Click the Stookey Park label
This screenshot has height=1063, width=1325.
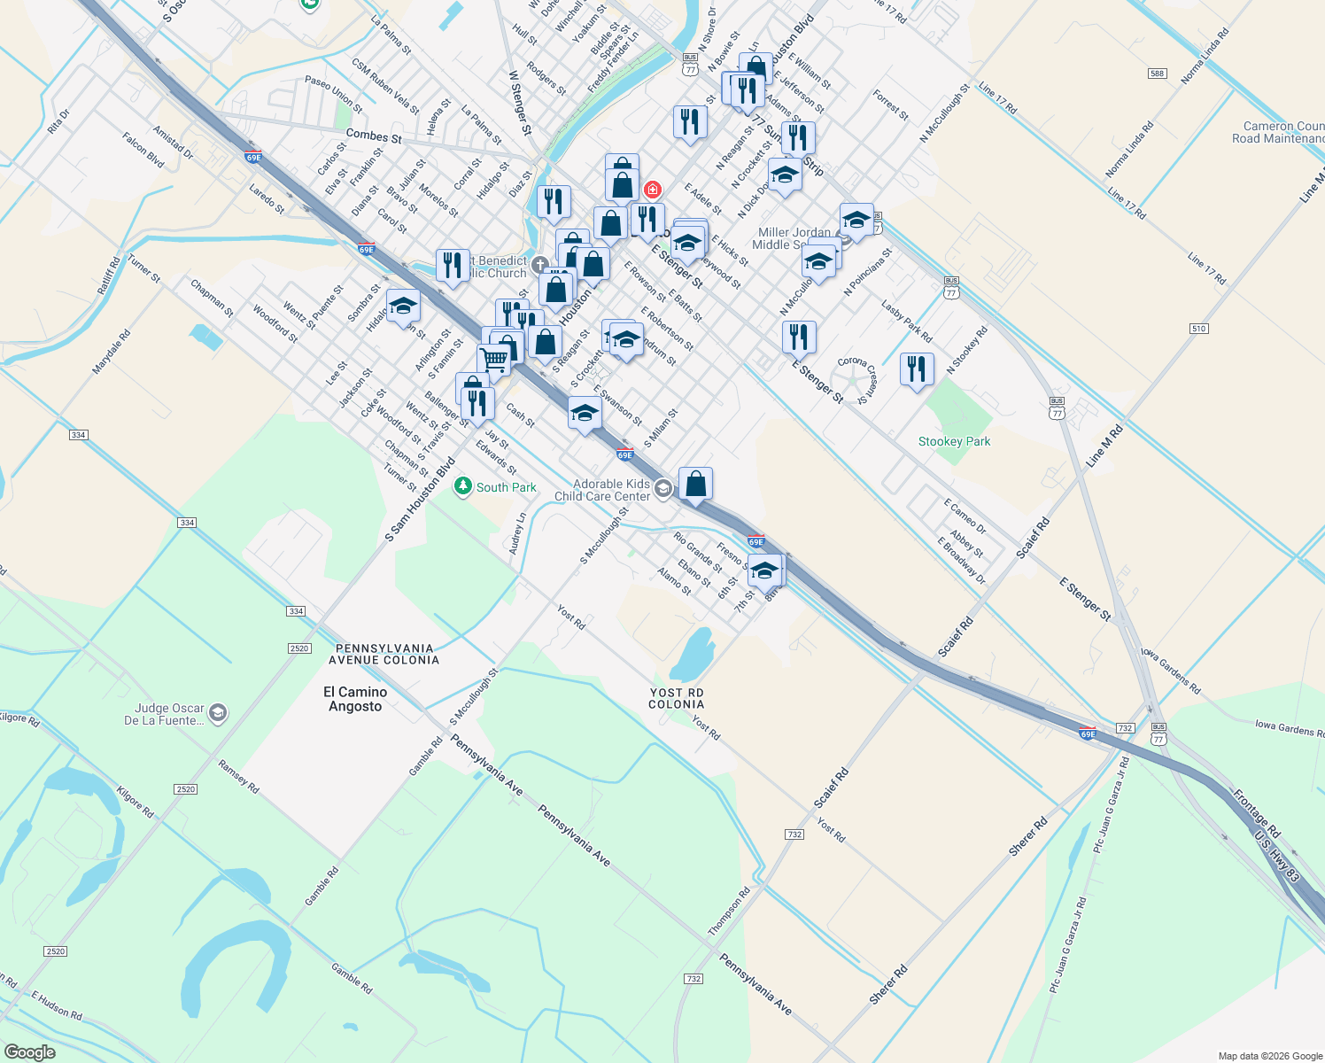pos(954,441)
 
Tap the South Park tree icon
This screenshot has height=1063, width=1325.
pos(462,486)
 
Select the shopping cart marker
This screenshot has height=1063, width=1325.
pos(493,360)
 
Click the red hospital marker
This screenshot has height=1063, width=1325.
pos(653,190)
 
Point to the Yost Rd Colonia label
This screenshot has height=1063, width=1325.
pos(676,698)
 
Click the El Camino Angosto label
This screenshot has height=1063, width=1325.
pos(355,699)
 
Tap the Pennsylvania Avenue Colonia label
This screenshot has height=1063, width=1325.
pos(384,654)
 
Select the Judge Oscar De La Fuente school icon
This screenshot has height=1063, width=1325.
pos(218,713)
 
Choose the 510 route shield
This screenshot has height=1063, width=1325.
pos(1198,329)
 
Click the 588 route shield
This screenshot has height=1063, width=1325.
pos(1157,74)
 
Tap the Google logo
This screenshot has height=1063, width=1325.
pos(30,1051)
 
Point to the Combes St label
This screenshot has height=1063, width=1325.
pos(374,136)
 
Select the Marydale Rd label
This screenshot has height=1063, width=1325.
pos(112,352)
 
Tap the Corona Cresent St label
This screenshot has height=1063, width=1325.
pos(857,378)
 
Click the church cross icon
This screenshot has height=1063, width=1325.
pos(540,264)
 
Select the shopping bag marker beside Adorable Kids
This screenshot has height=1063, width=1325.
pos(695,484)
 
